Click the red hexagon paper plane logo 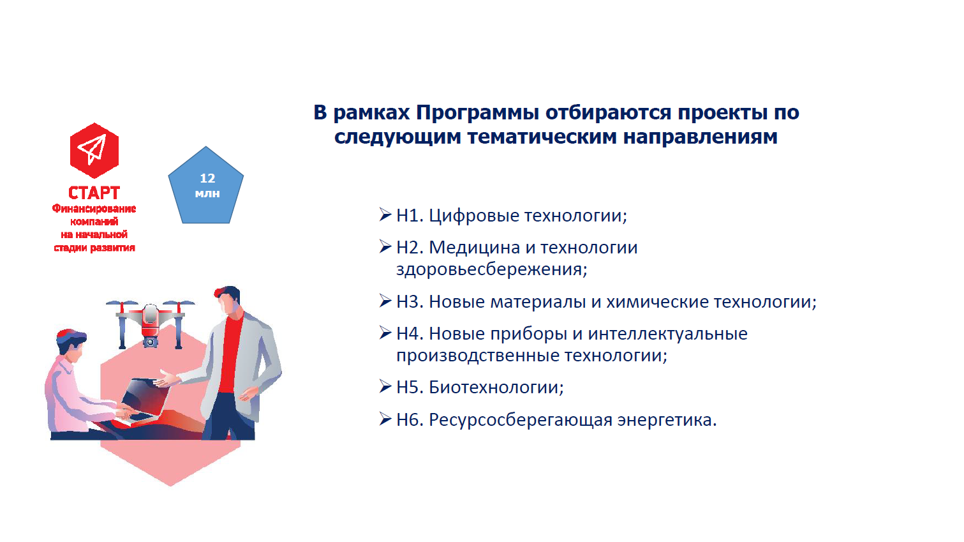pyautogui.click(x=94, y=151)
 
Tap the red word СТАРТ pyautogui.click(x=94, y=193)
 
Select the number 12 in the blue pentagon pyautogui.click(x=207, y=178)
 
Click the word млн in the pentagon pyautogui.click(x=207, y=193)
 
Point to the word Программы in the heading pyautogui.click(x=478, y=114)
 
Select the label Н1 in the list pyautogui.click(x=410, y=215)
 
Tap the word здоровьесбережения pyautogui.click(x=491, y=269)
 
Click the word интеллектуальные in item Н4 pyautogui.click(x=667, y=334)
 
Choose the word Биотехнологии pyautogui.click(x=496, y=388)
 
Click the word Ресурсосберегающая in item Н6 pyautogui.click(x=521, y=420)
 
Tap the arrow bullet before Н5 pyautogui.click(x=385, y=386)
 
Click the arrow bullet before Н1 pyautogui.click(x=385, y=215)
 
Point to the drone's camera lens pyautogui.click(x=150, y=343)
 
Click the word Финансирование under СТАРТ pyautogui.click(x=94, y=209)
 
